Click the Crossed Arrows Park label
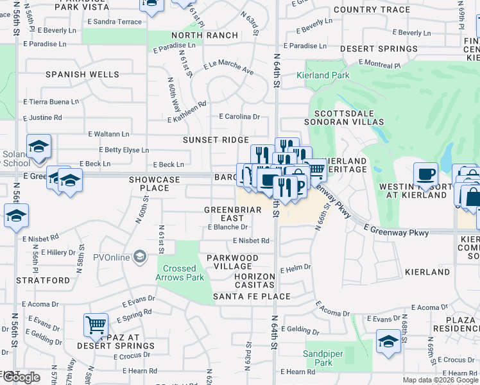click(x=180, y=273)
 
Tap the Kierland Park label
click(x=323, y=75)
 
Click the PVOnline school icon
click(x=139, y=257)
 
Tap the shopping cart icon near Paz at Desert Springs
click(x=96, y=325)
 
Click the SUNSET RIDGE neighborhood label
click(x=216, y=140)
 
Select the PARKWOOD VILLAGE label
click(x=232, y=262)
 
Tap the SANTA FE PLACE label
click(x=252, y=296)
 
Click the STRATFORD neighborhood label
click(x=43, y=280)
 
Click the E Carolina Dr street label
click(x=239, y=117)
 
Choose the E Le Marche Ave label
click(x=228, y=68)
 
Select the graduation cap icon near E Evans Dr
click(x=388, y=341)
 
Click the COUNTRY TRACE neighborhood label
click(x=372, y=10)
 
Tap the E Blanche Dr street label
click(x=228, y=227)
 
